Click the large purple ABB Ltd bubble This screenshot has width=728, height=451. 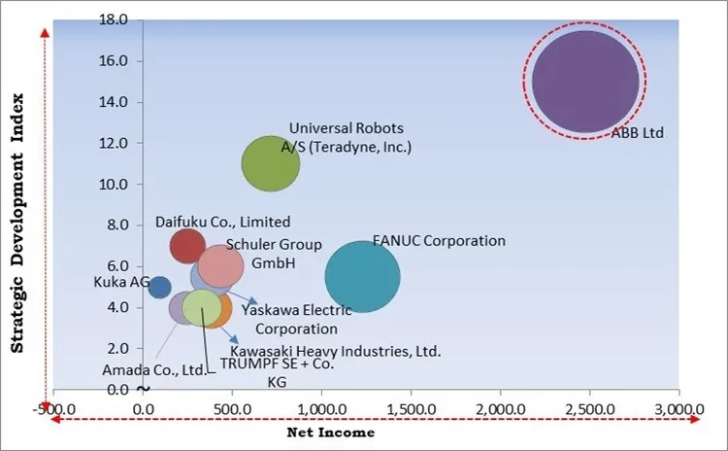(585, 83)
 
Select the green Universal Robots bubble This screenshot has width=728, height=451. (270, 164)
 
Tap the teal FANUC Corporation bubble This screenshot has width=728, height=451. (362, 277)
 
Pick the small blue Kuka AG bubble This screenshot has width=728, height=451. (159, 287)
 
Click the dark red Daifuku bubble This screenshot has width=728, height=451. (187, 246)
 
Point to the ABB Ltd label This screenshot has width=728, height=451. (637, 133)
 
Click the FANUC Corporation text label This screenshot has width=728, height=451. (439, 240)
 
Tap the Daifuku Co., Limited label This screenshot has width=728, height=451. (222, 223)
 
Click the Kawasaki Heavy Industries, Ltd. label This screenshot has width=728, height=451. (335, 350)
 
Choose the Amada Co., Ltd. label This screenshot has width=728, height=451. (154, 369)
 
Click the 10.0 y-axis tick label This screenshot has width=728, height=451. (115, 185)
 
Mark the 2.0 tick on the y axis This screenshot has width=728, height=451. (118, 348)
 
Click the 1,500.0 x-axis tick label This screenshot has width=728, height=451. (412, 408)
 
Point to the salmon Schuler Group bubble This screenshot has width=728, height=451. (220, 265)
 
